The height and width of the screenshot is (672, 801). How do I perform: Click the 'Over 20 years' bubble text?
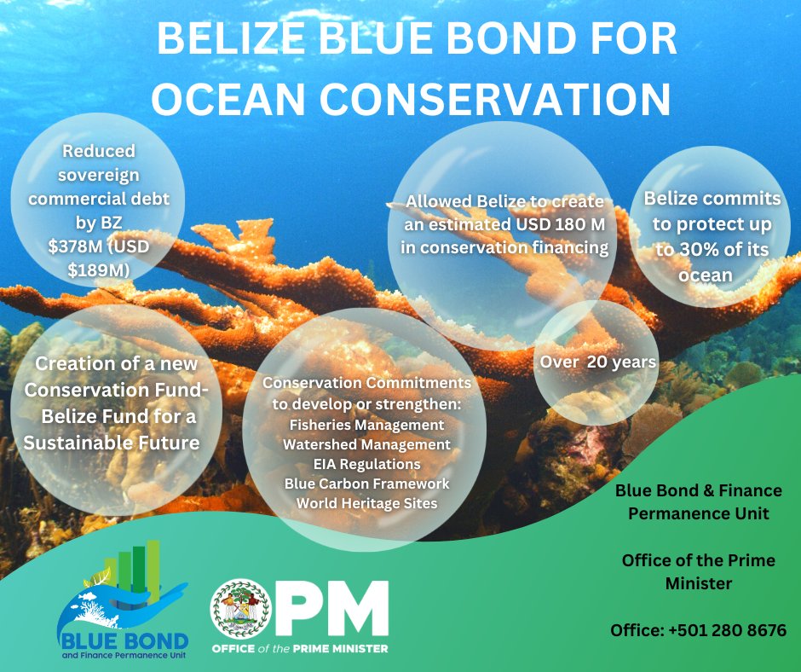[x=598, y=362]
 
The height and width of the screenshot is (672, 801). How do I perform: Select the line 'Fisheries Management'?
[x=366, y=424]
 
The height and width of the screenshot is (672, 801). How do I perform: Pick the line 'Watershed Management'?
[x=366, y=444]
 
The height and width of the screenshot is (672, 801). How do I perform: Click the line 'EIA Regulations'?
[x=366, y=464]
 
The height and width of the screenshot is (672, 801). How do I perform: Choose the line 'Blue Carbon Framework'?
[x=366, y=484]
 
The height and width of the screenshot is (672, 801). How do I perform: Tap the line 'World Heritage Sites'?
[x=366, y=503]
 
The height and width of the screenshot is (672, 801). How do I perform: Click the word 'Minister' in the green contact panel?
[x=698, y=584]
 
